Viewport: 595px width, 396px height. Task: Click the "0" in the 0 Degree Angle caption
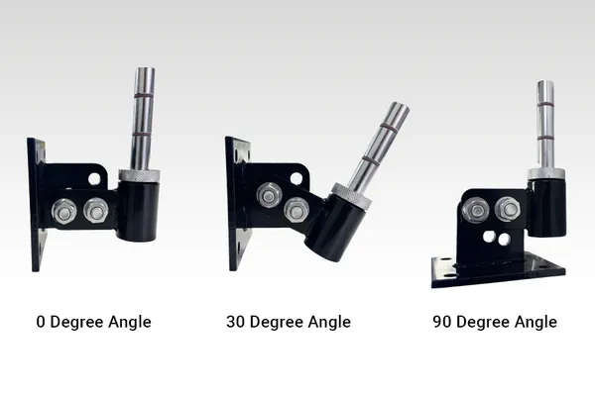click(x=41, y=322)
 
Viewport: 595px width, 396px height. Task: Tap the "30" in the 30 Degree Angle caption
click(x=236, y=322)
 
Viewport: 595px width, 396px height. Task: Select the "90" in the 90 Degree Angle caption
click(x=442, y=322)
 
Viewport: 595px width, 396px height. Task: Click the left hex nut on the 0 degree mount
click(x=64, y=211)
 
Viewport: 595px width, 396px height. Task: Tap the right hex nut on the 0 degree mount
click(x=96, y=210)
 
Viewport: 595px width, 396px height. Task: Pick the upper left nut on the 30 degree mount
click(x=269, y=196)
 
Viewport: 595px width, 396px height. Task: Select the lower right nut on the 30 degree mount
click(x=297, y=209)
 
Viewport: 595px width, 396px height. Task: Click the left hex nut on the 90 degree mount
click(x=476, y=210)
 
